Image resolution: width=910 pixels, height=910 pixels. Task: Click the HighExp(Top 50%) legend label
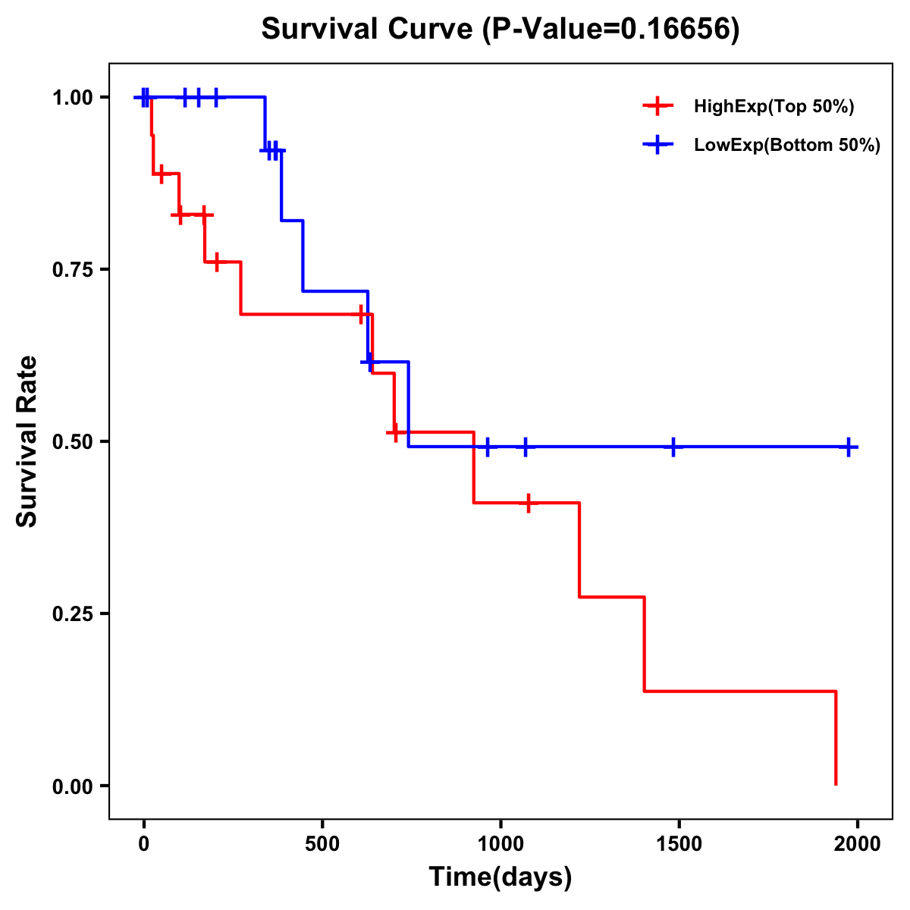tap(773, 107)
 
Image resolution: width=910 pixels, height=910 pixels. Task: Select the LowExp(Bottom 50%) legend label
tap(786, 146)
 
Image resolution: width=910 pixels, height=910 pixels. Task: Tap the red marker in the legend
tap(657, 106)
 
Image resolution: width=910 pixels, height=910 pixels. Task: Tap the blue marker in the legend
tap(657, 145)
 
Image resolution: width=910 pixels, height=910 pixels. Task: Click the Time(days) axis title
tap(500, 877)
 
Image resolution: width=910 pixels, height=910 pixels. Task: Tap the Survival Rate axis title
tap(27, 441)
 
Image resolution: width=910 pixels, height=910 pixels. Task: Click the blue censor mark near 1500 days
tap(673, 447)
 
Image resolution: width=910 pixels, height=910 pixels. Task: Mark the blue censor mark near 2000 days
tap(849, 447)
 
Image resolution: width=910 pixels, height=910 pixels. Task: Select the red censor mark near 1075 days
tap(527, 503)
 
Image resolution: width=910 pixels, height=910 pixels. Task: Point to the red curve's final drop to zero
tap(836, 739)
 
